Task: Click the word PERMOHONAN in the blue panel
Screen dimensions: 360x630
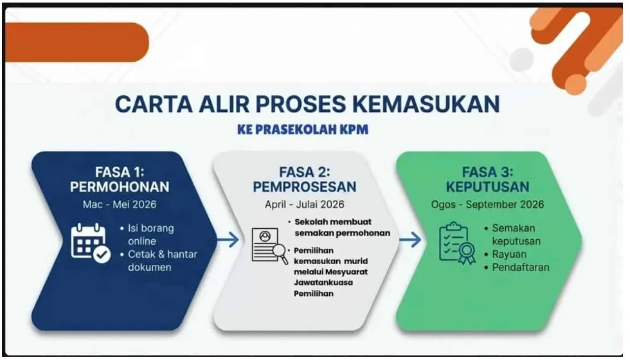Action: (x=120, y=187)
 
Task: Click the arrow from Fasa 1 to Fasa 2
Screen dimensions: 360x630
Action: (x=227, y=240)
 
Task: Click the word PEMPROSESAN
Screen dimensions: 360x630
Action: (x=304, y=187)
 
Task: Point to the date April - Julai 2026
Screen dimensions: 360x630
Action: (x=304, y=205)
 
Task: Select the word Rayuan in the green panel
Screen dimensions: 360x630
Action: (x=509, y=255)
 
